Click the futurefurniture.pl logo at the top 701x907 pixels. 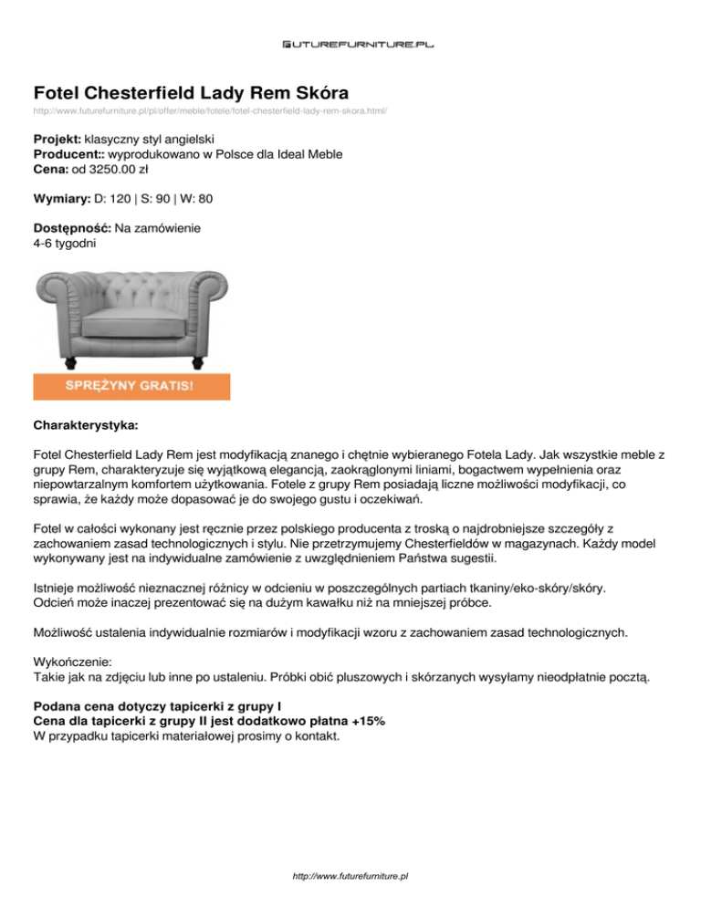(x=350, y=43)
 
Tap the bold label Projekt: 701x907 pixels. (x=57, y=140)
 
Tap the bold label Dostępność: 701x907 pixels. (x=72, y=227)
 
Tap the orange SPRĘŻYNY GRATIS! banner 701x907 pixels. (x=131, y=386)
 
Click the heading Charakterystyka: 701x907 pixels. (x=86, y=424)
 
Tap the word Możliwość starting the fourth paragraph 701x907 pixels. (x=66, y=632)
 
